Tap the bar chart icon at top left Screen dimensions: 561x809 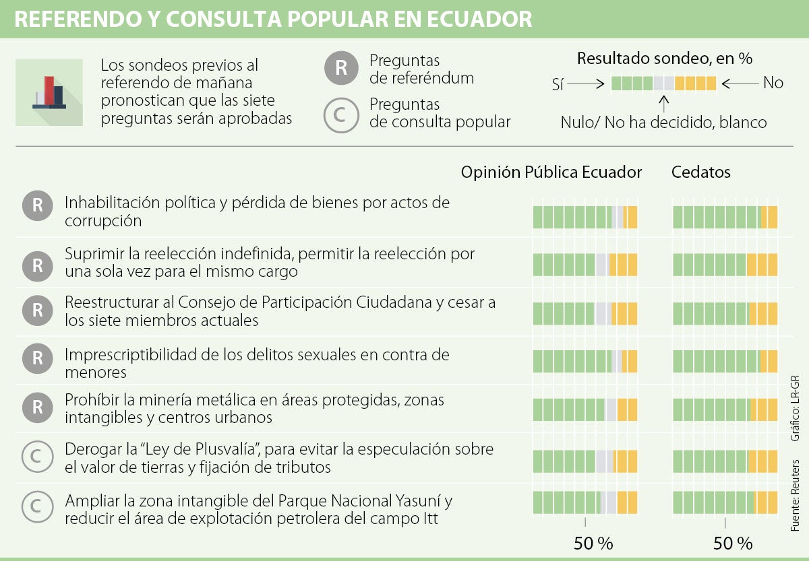pos(49,92)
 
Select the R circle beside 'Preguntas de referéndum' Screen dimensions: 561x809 pos(340,69)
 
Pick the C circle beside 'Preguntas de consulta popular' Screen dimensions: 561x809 pos(340,114)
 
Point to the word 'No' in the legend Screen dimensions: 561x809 pos(773,84)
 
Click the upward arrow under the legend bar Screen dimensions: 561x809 pos(664,104)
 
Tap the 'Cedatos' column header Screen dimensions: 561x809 pos(700,172)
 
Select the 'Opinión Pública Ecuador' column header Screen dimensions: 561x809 pos(551,172)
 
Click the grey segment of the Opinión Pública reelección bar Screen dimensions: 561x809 pos(602,265)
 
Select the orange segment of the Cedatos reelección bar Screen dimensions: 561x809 pos(761,265)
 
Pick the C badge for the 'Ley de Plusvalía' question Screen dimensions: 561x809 pos(37,457)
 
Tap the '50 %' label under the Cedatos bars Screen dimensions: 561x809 pos(733,543)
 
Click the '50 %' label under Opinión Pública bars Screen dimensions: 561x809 pos(593,543)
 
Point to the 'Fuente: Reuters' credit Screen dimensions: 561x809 pos(796,496)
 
